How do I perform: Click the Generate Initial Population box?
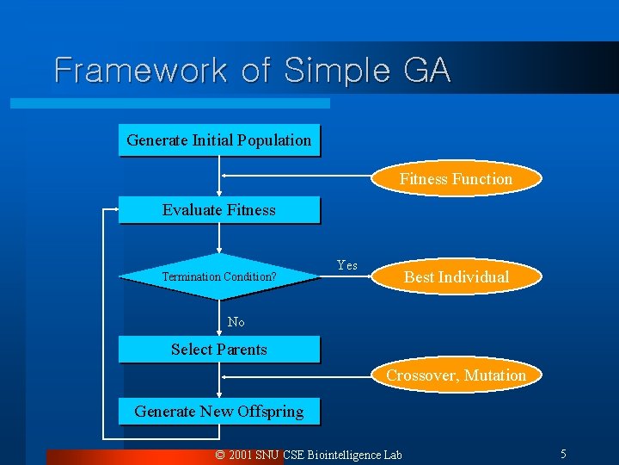[218, 140]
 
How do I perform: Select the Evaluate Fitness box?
[218, 210]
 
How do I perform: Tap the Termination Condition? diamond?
[218, 276]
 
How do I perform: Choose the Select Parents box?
[218, 349]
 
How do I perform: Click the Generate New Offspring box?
[218, 412]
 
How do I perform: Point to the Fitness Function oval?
[456, 179]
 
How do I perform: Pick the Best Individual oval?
[456, 277]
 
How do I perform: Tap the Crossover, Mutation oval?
[456, 375]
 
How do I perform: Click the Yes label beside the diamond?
[347, 265]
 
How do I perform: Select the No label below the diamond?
[236, 322]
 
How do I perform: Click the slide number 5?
[563, 454]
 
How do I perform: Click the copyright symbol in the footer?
[220, 455]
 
